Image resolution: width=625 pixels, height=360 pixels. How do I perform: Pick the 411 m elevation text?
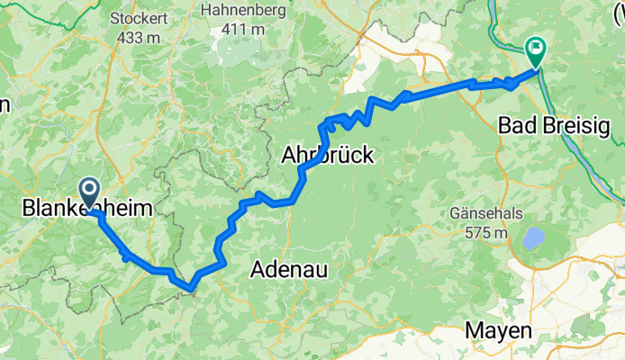[x=244, y=29]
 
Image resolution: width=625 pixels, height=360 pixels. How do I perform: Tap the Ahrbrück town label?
[x=328, y=155]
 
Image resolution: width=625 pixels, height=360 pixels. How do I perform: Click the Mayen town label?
[x=498, y=331]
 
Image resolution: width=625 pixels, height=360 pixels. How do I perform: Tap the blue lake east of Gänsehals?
[x=534, y=238]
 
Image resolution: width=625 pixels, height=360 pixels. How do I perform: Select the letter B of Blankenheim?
[x=27, y=209]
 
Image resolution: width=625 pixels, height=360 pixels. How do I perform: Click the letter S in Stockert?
[x=115, y=18]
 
